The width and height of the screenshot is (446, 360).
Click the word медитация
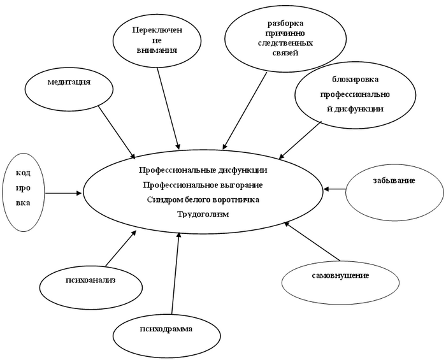click(x=69, y=82)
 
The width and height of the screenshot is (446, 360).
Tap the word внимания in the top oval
click(x=157, y=50)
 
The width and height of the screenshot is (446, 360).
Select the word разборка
click(x=285, y=24)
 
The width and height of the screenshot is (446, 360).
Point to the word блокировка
click(x=356, y=79)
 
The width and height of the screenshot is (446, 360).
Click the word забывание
click(x=394, y=180)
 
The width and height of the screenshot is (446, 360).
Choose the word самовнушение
click(x=340, y=275)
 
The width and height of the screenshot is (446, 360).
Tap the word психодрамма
click(x=166, y=329)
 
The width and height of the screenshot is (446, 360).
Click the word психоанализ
click(x=90, y=280)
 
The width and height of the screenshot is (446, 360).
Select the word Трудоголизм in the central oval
click(x=203, y=214)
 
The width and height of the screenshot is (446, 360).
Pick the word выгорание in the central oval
click(x=241, y=185)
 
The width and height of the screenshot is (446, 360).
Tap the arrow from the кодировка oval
click(x=63, y=193)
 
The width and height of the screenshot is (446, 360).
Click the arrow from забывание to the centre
click(x=334, y=189)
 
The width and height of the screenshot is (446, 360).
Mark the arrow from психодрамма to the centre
click(x=175, y=273)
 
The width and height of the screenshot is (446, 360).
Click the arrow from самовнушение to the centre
click(x=312, y=241)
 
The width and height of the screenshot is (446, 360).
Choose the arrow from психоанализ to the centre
click(x=120, y=248)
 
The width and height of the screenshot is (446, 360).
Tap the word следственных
click(x=285, y=43)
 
